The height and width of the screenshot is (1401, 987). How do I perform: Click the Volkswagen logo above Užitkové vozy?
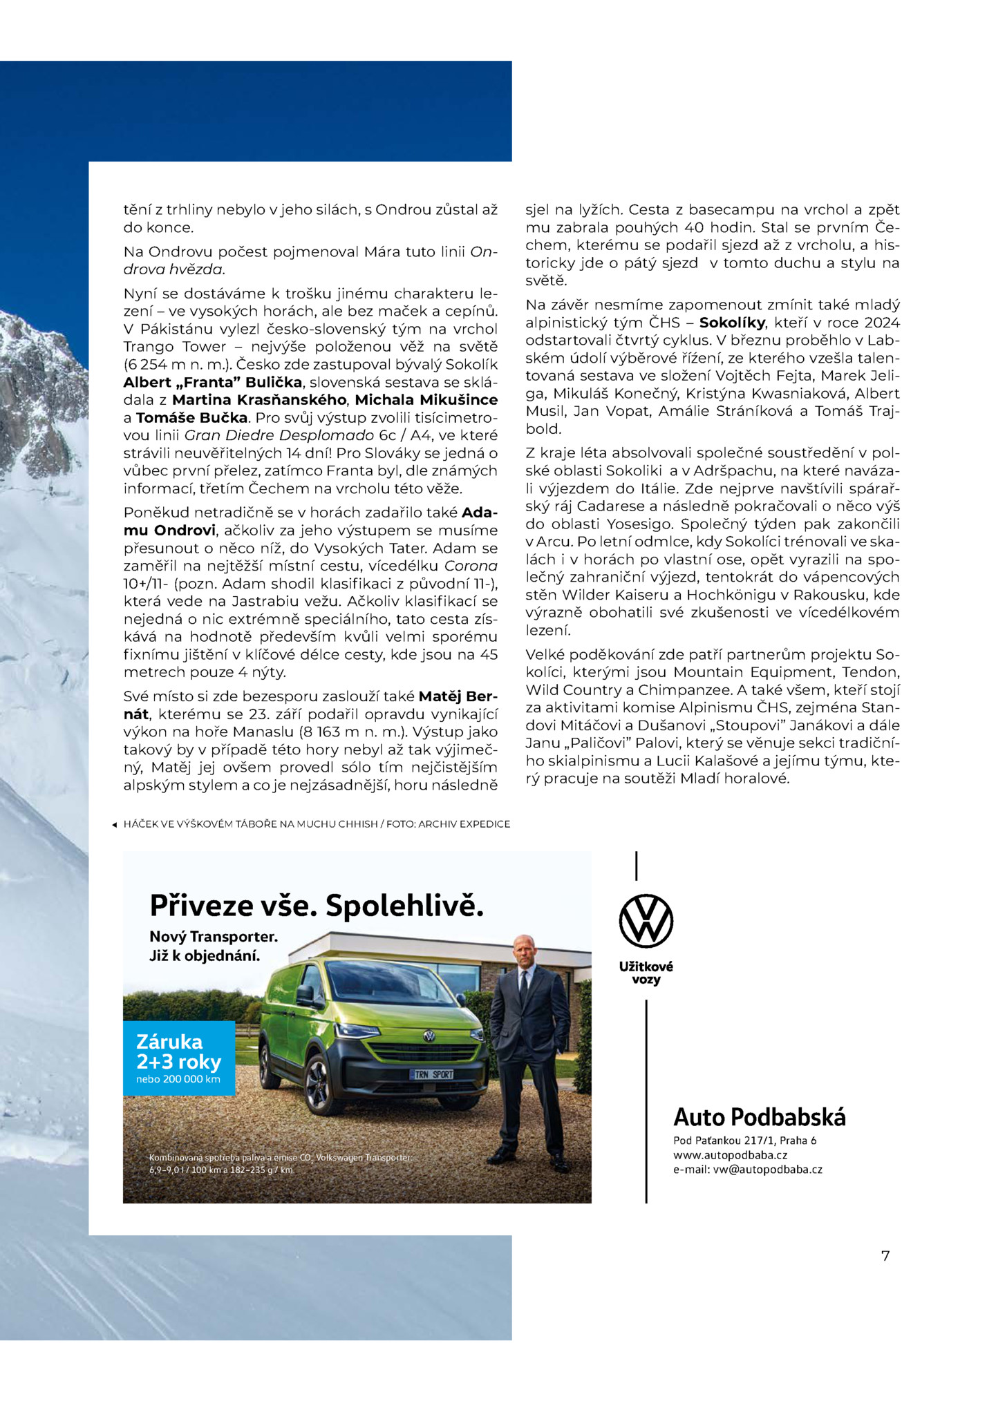click(646, 921)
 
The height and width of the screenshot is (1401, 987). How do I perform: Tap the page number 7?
click(885, 1255)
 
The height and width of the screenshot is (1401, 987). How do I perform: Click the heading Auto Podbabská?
click(759, 1116)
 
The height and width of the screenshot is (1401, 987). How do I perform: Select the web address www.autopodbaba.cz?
click(731, 1154)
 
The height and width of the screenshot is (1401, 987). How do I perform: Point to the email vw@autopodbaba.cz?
click(748, 1170)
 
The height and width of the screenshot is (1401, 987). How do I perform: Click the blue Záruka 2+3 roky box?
click(178, 1058)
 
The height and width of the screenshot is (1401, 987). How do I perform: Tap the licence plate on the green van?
click(433, 1074)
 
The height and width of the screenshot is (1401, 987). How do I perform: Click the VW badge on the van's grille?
click(429, 1036)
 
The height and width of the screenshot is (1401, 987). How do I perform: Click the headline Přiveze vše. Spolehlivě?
click(316, 905)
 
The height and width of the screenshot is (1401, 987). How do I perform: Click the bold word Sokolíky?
click(732, 323)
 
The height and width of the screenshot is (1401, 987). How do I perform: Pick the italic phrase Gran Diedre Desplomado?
click(279, 435)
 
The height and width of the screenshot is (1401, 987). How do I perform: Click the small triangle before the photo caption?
click(114, 824)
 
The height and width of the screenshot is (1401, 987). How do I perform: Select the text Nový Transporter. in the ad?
click(214, 937)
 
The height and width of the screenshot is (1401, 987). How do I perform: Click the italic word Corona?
click(471, 566)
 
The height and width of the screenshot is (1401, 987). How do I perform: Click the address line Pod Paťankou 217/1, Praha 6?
click(744, 1140)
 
